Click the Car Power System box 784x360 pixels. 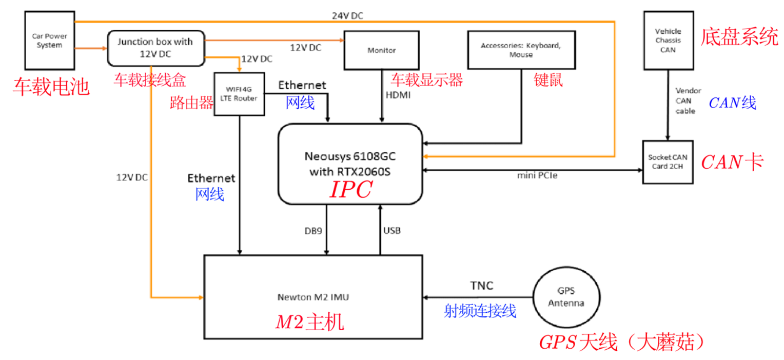(x=50, y=41)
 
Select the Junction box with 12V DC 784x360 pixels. (x=155, y=48)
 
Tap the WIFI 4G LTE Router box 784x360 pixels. (x=239, y=94)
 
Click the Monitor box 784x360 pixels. (x=381, y=50)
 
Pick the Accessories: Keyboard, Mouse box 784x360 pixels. (x=520, y=50)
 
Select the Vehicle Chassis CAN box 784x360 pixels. (x=668, y=41)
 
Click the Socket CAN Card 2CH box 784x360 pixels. (x=668, y=162)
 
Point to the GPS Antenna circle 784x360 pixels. (x=566, y=298)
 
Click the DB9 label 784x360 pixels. (x=313, y=231)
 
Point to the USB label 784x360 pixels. (x=392, y=231)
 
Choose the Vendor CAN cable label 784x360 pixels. (x=685, y=100)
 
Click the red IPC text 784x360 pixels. (x=350, y=190)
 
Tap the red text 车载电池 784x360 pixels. (x=51, y=87)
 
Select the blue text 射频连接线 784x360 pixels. (x=480, y=310)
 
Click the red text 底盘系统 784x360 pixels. (x=739, y=37)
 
